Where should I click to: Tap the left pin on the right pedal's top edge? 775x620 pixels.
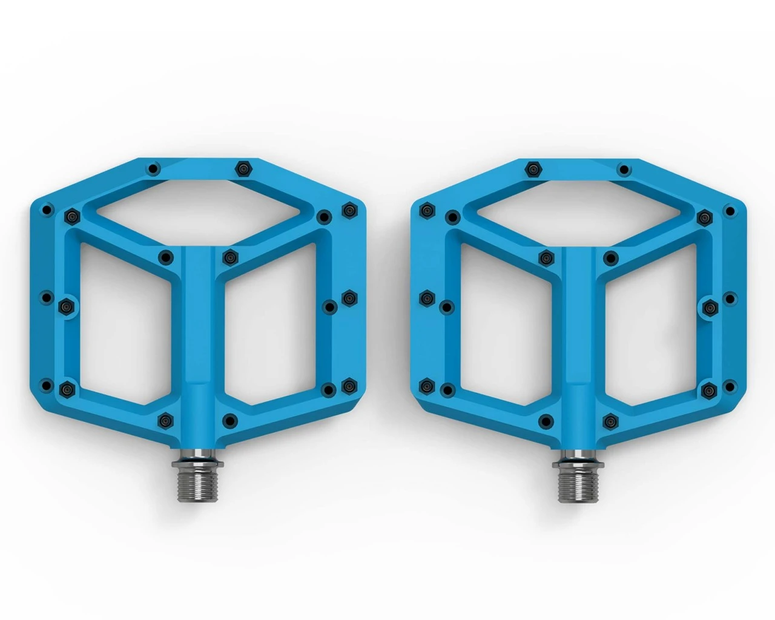(533, 168)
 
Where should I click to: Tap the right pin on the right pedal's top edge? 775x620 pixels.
(623, 170)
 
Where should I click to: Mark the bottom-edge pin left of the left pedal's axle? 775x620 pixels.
(163, 419)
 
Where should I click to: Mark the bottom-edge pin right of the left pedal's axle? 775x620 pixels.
(229, 420)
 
